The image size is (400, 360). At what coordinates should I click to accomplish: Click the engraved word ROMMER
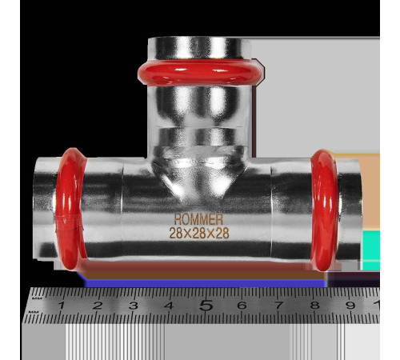click(x=198, y=219)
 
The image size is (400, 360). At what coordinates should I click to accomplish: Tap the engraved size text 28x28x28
click(x=199, y=233)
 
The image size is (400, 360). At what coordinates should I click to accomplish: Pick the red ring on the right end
click(x=325, y=210)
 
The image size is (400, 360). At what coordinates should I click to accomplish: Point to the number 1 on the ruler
click(x=62, y=305)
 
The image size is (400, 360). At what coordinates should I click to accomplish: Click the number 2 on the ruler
click(x=98, y=305)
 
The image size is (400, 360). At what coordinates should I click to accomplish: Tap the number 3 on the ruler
click(x=133, y=305)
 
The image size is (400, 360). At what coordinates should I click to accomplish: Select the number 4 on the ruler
click(x=169, y=305)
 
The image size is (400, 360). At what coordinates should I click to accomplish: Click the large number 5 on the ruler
click(x=206, y=305)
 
